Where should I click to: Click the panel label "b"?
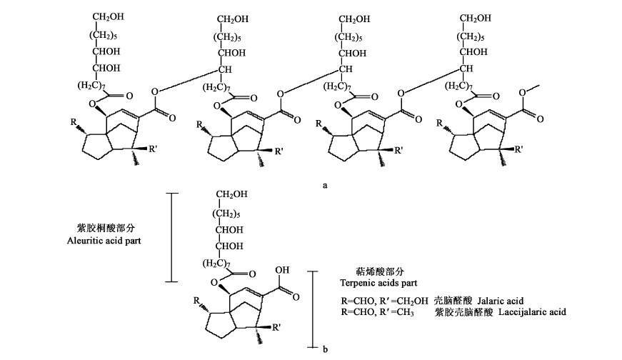pyautogui.click(x=325, y=349)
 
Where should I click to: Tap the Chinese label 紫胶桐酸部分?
pyautogui.click(x=106, y=228)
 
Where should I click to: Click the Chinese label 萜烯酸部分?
pyautogui.click(x=380, y=271)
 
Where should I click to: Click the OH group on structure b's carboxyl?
pyautogui.click(x=284, y=270)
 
